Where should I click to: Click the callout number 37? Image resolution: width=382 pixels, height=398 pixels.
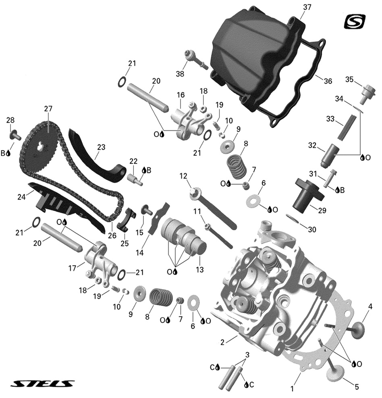click(307, 7)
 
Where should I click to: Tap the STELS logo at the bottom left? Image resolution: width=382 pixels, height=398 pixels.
click(42, 383)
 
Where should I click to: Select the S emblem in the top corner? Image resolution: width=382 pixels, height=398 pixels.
click(354, 21)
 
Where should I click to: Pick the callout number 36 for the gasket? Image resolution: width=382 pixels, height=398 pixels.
click(328, 81)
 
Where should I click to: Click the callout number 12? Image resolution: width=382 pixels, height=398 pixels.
click(183, 176)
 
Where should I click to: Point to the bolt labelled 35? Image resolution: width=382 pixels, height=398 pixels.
click(366, 92)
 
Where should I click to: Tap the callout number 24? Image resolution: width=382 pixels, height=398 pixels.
click(21, 197)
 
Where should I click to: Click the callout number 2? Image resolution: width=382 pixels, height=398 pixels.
click(222, 343)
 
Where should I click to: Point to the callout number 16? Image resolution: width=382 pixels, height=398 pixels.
click(180, 95)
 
